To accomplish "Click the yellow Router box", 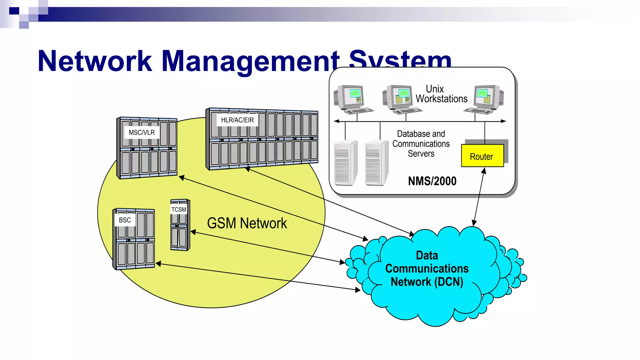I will tap(482, 156).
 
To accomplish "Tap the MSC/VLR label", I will tap(142, 132).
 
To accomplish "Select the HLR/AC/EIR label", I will tap(237, 120).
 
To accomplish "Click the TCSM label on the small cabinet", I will tap(179, 209).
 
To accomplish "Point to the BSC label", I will tap(125, 220).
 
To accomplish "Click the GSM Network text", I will tap(247, 223).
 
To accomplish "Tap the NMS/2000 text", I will tap(432, 181).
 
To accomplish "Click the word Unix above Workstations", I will tap(435, 89).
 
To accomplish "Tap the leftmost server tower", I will tap(345, 163).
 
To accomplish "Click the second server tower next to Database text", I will tap(376, 163).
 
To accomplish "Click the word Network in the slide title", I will tap(95, 61).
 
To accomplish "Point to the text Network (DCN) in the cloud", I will tap(427, 282).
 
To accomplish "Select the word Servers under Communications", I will tap(421, 154).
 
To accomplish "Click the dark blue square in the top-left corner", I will tap(14, 11).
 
